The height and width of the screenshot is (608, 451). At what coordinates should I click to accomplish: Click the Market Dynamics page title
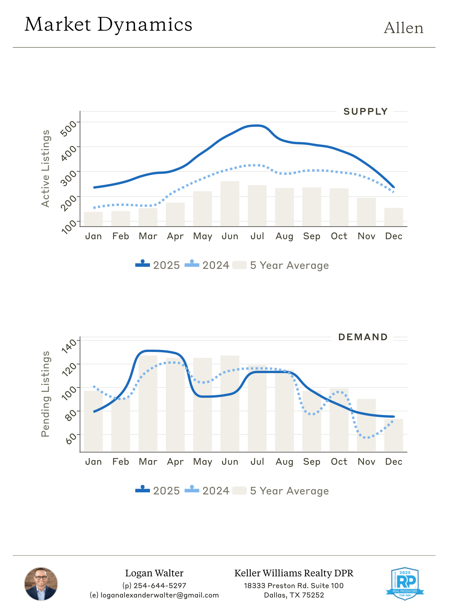108,25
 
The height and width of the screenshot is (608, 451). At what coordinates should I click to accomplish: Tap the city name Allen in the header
403,28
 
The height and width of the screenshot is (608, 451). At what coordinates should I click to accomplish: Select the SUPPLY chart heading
365,112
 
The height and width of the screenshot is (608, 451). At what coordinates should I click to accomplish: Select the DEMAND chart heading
363,337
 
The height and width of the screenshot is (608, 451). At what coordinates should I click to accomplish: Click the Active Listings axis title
45,168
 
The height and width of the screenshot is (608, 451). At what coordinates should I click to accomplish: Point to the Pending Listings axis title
45,394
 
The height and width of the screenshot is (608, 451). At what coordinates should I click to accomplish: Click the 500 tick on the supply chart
68,128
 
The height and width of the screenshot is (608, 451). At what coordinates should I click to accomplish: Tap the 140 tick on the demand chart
69,346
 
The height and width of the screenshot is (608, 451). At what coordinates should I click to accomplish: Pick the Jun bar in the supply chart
230,204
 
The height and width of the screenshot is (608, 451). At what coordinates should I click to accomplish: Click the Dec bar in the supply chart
393,217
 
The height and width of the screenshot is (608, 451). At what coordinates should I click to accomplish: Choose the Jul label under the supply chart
257,236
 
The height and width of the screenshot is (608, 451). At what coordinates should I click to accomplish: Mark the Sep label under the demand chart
312,462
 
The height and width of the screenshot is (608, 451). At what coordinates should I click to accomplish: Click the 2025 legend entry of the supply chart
157,265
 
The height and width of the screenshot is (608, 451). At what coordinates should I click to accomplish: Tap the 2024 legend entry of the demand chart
207,491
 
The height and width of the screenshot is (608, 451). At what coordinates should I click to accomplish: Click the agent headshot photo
41,584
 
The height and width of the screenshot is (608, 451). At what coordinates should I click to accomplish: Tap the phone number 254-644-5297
160,586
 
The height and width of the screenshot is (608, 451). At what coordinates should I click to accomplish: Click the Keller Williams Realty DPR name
294,573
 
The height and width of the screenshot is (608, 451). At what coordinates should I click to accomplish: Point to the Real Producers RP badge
405,583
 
